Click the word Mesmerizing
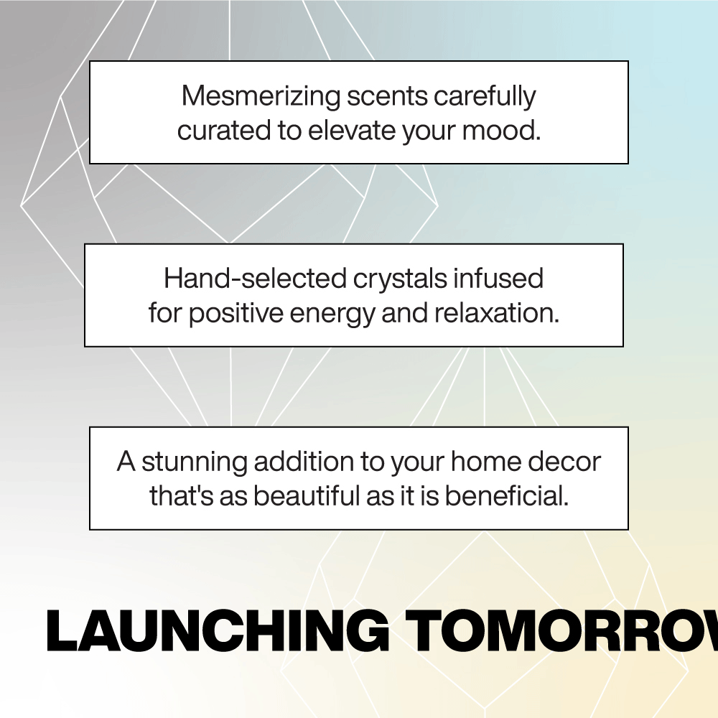coord(261,96)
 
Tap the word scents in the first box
coord(388,97)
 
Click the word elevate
coord(352,131)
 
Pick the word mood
coord(501,131)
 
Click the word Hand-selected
coord(255,279)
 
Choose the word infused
coord(499,279)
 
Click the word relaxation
coord(497,313)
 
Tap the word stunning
coord(195,462)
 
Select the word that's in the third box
coord(182,496)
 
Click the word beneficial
coord(507,496)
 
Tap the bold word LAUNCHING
coord(218,630)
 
